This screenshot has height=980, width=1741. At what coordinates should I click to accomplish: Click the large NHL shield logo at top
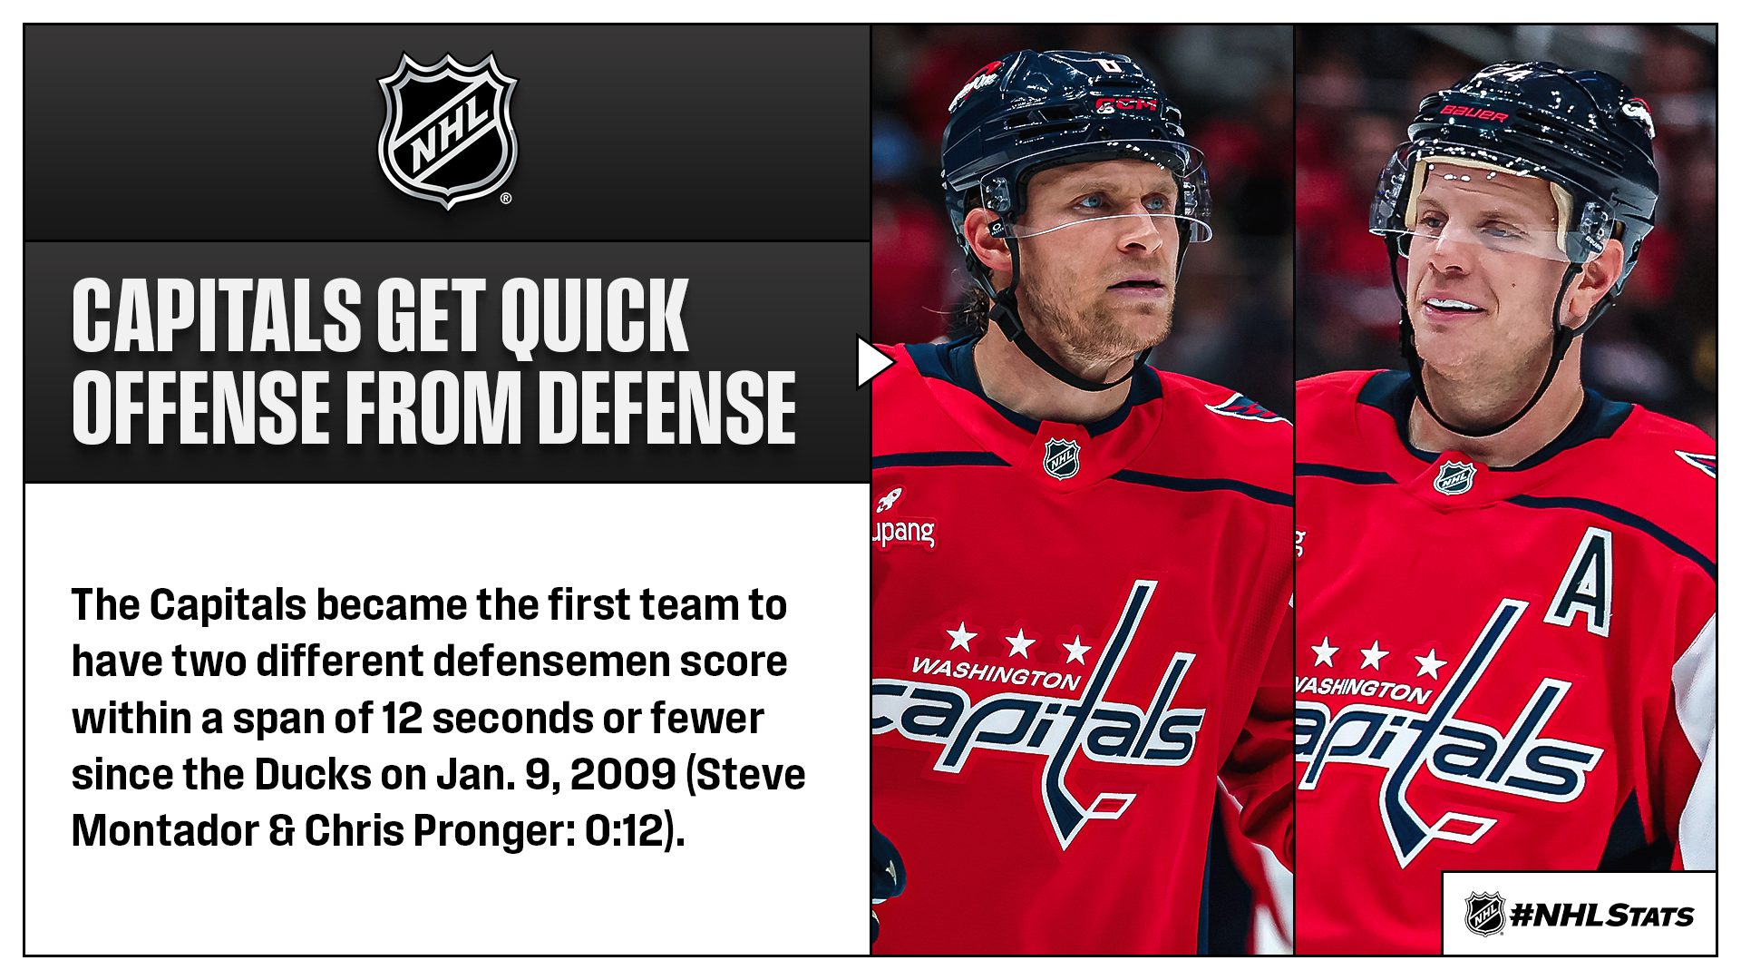tap(447, 131)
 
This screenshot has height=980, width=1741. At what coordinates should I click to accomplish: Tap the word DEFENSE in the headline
tap(672, 407)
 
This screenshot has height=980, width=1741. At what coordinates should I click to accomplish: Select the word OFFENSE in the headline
tap(201, 407)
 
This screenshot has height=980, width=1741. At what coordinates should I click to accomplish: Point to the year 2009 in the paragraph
tap(623, 774)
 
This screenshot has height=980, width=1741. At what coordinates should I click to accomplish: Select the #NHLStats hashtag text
tap(1602, 916)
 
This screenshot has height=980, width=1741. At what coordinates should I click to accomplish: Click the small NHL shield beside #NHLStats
tap(1485, 914)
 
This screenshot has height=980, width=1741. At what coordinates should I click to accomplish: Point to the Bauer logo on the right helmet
tap(1475, 114)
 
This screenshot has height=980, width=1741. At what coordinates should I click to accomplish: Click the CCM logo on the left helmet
tap(1126, 104)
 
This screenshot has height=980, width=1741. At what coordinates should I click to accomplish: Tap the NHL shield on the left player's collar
tap(1061, 458)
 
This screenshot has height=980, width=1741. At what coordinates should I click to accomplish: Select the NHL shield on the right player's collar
tap(1454, 477)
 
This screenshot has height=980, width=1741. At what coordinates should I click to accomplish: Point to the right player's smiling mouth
tap(1451, 307)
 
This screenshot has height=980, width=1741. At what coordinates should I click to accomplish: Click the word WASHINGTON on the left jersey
tap(997, 672)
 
